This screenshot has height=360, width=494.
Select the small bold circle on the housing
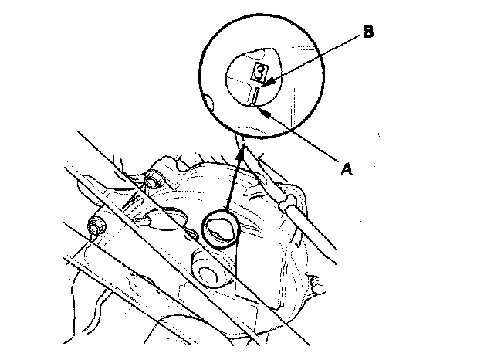coord(221,228)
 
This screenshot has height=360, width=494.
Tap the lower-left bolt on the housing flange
coord(97,228)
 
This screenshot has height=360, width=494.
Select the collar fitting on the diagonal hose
coord(289,202)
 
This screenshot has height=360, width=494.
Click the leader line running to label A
coord(305,139)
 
